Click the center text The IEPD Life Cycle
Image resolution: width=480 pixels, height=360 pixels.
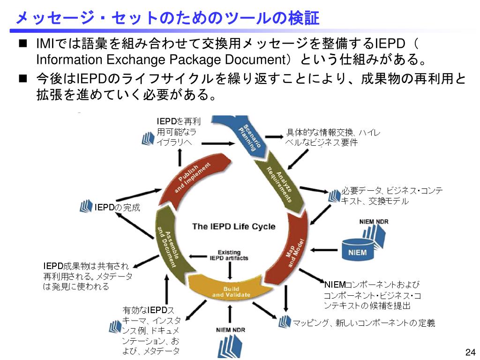233,226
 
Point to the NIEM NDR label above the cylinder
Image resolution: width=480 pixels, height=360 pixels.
374,222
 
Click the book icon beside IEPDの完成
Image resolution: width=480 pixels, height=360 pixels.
86,206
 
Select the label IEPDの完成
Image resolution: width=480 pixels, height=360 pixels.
117,207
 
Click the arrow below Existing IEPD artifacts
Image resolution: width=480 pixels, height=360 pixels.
229,271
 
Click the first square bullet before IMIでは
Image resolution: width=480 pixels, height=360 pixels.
22,45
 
